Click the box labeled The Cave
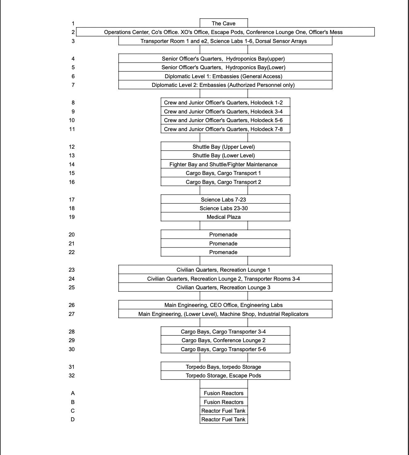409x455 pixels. [x=223, y=23]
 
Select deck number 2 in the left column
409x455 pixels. [x=73, y=32]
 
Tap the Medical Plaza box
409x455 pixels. [x=223, y=217]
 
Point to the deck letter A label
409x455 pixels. [x=73, y=393]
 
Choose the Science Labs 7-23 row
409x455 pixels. [x=223, y=200]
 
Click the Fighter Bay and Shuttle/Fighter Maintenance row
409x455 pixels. [x=223, y=164]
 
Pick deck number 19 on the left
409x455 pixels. [x=72, y=217]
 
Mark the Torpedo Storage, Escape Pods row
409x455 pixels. [x=223, y=376]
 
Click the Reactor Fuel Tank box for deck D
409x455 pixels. [x=223, y=419]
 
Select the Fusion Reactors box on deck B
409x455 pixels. [x=223, y=402]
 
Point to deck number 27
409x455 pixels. [x=72, y=314]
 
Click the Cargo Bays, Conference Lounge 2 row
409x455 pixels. [x=223, y=340]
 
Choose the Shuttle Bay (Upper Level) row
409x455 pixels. [x=223, y=147]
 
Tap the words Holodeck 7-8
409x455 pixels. [x=266, y=129]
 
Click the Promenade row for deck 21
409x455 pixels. [x=223, y=244]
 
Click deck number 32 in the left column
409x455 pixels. [x=72, y=376]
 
